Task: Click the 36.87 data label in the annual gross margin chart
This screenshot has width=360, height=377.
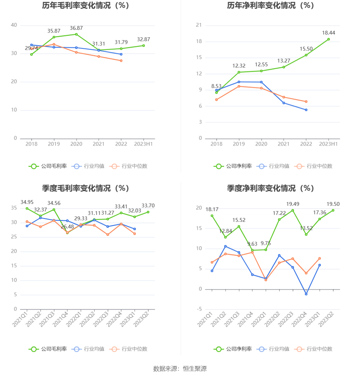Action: [76, 28]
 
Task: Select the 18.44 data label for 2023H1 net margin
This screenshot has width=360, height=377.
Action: [328, 33]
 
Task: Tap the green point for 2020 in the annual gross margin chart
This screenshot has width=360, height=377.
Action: [76, 34]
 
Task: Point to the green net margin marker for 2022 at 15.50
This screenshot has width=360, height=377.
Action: [306, 55]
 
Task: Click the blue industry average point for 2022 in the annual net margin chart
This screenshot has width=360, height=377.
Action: [306, 110]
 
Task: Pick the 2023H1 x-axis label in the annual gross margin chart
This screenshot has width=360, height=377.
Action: [143, 144]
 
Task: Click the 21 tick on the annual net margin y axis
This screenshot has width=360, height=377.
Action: [199, 25]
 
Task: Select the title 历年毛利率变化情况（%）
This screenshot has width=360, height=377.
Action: [86, 5]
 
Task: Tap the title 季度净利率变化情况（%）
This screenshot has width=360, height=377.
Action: [271, 188]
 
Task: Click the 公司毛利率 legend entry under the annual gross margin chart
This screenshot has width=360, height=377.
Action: [48, 166]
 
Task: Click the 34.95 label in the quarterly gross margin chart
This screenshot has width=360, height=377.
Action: [27, 202]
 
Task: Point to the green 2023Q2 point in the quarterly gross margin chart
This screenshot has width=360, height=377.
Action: [148, 212]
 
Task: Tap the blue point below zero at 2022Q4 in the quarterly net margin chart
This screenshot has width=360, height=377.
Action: [306, 294]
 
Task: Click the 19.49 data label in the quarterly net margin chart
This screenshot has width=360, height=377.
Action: [293, 204]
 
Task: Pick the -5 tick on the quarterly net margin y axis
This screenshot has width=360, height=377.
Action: [199, 309]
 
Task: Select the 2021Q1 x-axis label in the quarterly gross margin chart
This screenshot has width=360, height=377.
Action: [20, 318]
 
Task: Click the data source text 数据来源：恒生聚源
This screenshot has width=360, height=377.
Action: [180, 369]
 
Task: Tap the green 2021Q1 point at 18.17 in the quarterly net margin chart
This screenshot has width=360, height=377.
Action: [212, 216]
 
